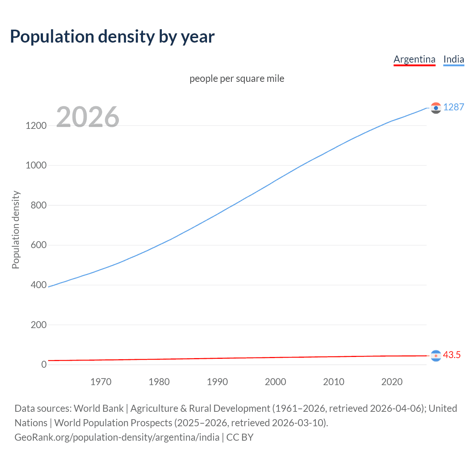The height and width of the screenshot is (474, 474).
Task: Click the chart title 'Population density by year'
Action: [x=112, y=37]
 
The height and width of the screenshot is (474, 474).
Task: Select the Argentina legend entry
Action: [x=414, y=59]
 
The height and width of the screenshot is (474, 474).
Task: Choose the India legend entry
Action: [x=454, y=59]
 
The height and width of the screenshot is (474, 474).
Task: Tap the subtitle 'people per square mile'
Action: [x=237, y=79]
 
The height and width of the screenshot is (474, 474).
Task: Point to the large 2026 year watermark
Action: [x=88, y=117]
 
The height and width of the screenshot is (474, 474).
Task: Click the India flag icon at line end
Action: [x=436, y=108]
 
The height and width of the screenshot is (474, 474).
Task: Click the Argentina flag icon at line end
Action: [x=436, y=355]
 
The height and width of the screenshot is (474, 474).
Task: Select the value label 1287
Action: [x=454, y=107]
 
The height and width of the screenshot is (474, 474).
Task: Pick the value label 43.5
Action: [x=452, y=355]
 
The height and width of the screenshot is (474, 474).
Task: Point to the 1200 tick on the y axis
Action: [x=36, y=126]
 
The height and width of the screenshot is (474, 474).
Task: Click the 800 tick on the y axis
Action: [x=39, y=205]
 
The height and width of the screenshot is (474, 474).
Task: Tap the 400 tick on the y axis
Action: [x=39, y=285]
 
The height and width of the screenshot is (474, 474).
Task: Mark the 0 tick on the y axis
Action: [x=44, y=364]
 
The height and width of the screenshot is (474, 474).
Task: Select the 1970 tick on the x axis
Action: [x=101, y=382]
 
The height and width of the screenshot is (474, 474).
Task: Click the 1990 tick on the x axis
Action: [x=217, y=382]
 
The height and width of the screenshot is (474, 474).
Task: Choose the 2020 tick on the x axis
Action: [x=392, y=382]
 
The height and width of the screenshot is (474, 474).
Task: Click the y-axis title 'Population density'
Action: [x=16, y=230]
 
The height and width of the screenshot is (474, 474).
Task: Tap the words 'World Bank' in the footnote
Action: [x=99, y=408]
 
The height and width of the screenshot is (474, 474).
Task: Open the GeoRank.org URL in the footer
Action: [x=117, y=437]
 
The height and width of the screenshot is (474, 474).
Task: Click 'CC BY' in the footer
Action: [x=240, y=437]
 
